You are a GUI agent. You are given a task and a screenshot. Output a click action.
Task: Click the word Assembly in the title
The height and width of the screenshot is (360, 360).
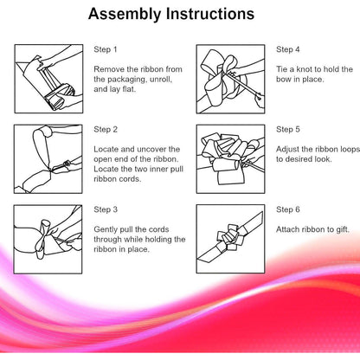click(125, 15)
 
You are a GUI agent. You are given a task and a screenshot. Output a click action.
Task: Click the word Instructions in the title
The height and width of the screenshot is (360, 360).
click(210, 13)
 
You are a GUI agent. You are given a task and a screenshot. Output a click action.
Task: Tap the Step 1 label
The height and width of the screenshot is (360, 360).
click(106, 49)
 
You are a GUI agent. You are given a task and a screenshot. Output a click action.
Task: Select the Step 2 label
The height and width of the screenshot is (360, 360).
click(106, 130)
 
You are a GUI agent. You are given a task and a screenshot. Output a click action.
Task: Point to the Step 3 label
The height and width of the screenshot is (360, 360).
click(106, 209)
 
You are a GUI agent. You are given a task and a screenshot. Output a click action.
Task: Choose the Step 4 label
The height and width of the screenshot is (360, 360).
click(288, 49)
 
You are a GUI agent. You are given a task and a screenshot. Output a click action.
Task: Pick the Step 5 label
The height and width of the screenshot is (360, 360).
click(288, 130)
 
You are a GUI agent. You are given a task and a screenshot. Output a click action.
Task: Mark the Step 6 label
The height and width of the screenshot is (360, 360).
click(288, 209)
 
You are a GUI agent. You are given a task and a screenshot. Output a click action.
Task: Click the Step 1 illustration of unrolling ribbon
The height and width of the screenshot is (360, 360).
click(48, 79)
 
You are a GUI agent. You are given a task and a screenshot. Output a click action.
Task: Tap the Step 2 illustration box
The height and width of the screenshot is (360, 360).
click(48, 159)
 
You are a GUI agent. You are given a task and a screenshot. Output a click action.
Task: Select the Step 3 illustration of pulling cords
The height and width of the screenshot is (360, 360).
click(48, 239)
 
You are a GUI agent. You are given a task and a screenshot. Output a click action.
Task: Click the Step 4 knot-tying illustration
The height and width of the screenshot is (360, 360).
click(230, 79)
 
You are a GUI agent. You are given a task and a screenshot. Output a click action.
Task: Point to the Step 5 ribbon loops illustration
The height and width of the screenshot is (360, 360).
click(230, 159)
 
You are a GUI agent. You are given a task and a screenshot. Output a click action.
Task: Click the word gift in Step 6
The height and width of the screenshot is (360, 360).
click(343, 229)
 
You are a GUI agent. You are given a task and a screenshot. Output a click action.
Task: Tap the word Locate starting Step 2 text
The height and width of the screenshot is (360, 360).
click(106, 150)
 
